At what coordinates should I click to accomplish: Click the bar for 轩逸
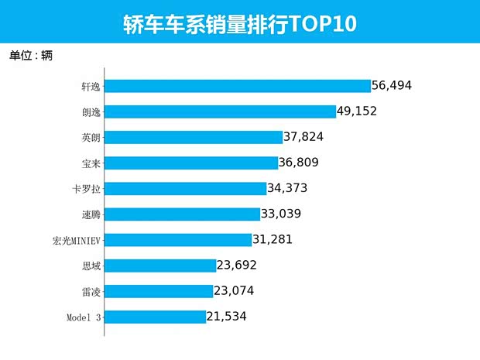pos(237,86)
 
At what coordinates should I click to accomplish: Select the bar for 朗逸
pos(220,111)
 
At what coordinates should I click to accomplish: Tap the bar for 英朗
pos(193,137)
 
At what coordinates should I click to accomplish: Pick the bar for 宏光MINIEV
pos(178,240)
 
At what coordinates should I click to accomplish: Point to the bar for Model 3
pos(155,317)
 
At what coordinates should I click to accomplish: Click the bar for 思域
pos(159,266)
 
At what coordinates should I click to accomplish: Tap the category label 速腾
pos(91,214)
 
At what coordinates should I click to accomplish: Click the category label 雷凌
pos(91,291)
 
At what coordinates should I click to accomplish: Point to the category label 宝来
pos(91,163)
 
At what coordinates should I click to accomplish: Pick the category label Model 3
pos(84,317)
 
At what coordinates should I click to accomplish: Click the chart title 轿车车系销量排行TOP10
pos(239,23)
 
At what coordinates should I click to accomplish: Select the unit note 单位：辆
pos(31,55)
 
